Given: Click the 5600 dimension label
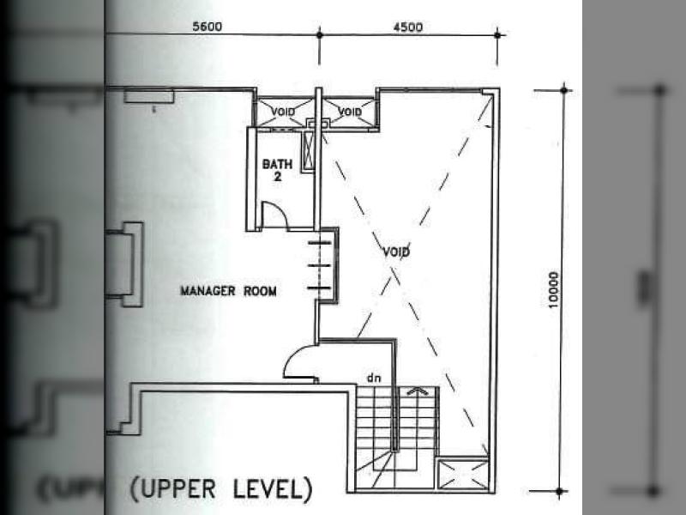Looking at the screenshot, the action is (208, 27).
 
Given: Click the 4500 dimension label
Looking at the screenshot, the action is (408, 27).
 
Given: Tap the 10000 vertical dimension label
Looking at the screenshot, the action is (554, 290).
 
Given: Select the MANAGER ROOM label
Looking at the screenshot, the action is (228, 291).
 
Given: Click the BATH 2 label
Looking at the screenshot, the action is (277, 170).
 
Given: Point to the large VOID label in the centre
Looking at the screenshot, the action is (396, 251).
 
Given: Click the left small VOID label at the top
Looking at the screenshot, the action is (283, 112).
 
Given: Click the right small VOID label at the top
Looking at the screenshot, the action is (350, 112).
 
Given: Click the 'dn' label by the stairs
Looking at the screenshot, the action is (374, 378).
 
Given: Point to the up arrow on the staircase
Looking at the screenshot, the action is (418, 391).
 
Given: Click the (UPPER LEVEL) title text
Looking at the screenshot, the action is (221, 489).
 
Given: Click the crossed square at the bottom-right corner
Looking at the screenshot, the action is (463, 475).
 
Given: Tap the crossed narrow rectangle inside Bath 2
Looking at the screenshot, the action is (309, 150).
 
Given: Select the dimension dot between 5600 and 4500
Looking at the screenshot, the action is (319, 34).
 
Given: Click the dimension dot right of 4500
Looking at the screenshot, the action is (497, 34).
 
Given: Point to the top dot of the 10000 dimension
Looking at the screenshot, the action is (564, 90).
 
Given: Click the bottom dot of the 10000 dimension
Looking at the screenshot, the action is (559, 491).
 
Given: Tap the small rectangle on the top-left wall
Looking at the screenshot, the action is (148, 96).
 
